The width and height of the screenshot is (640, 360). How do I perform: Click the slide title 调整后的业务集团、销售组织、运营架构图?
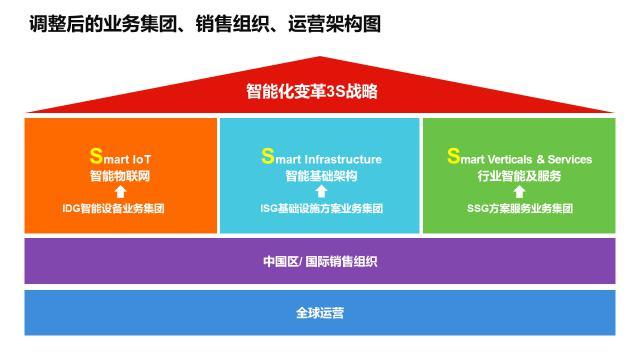click(205, 23)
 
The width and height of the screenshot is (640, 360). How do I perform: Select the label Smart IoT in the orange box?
click(120, 157)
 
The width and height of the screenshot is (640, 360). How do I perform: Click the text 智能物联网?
click(119, 175)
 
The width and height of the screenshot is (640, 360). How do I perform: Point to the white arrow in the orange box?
click(119, 192)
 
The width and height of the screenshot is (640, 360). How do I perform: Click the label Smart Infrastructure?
click(321, 157)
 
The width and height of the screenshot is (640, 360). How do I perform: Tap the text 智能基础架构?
click(320, 175)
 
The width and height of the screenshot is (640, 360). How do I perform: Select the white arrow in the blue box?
click(320, 192)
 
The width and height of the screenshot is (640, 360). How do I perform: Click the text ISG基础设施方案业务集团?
click(320, 209)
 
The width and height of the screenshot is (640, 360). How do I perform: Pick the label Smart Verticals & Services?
click(519, 157)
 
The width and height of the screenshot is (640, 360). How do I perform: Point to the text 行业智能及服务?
click(519, 175)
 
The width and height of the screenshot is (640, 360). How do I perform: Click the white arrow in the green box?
click(519, 192)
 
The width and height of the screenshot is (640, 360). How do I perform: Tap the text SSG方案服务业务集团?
click(519, 209)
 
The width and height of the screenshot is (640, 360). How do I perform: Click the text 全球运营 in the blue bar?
click(320, 312)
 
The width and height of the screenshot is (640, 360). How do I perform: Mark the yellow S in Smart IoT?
click(96, 156)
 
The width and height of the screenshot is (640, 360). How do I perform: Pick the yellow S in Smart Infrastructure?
click(267, 156)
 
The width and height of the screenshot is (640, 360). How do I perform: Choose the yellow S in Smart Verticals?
click(453, 156)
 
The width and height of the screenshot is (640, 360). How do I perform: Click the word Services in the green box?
click(569, 159)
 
